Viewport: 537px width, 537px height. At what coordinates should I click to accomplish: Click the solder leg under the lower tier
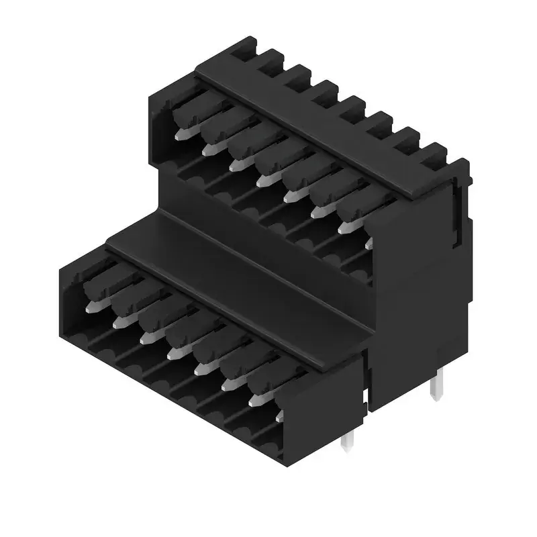coord(348,441)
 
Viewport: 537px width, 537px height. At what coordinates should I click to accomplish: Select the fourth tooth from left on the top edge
coord(327,88)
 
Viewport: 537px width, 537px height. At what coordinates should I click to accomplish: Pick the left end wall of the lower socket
coord(70,295)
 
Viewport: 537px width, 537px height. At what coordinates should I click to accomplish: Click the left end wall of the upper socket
coord(160,128)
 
